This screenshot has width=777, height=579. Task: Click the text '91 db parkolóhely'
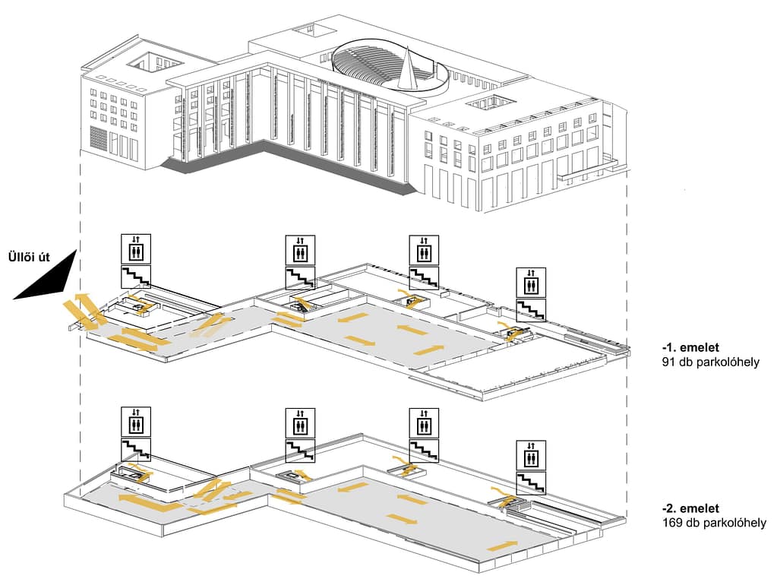click(710, 362)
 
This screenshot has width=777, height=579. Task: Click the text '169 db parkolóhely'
click(713, 523)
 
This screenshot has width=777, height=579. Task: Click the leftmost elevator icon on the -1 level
click(136, 249)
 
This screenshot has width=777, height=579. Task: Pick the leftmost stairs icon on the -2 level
click(136, 450)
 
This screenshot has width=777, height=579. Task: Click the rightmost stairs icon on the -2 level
click(530, 482)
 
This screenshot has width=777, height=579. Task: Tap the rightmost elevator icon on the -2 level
click(530, 454)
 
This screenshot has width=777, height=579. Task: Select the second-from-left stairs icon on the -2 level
click(300, 451)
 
